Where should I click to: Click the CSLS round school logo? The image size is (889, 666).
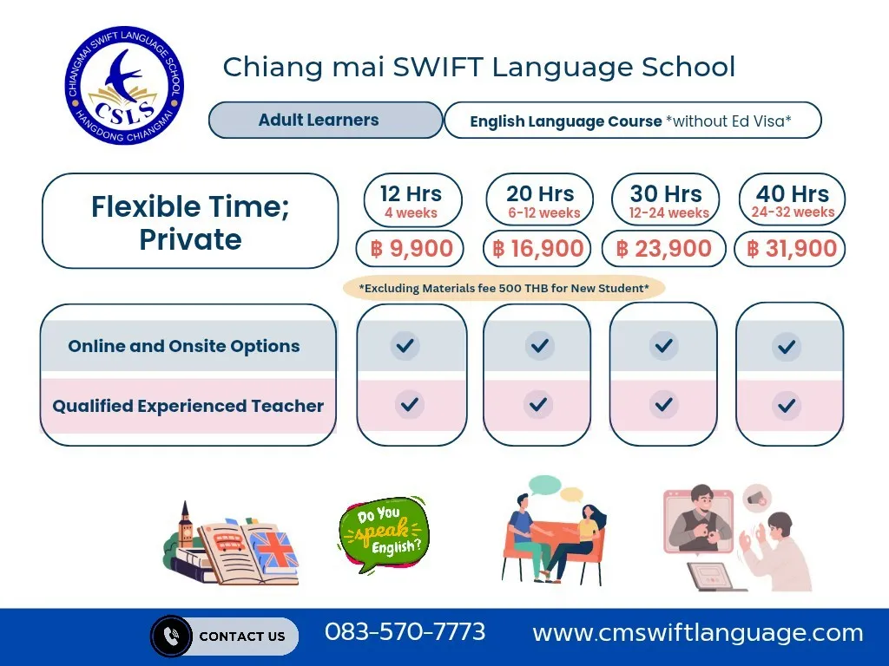point(124,84)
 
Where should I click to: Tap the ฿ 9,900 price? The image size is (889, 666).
point(411,248)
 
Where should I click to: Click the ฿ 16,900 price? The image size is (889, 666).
point(537,248)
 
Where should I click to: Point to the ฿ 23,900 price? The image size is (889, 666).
point(663,248)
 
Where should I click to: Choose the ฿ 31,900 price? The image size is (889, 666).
point(792,248)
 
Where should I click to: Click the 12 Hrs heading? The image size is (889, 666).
point(411,193)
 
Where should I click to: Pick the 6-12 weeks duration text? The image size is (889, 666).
point(543,213)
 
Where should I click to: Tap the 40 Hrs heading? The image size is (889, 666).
point(792,193)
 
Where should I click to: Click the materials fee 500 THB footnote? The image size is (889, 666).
point(504,288)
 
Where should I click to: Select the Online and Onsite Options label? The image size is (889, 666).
point(184,346)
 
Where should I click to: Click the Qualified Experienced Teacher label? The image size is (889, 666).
point(188,406)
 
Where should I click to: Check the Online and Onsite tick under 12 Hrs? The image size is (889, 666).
point(405,345)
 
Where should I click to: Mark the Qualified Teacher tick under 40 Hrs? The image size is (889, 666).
point(787,406)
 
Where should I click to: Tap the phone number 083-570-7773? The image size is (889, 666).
point(405,632)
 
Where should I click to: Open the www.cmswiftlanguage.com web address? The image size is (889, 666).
point(697,632)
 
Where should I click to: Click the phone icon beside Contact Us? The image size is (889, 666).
point(171,636)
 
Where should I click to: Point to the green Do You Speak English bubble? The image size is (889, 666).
point(384,534)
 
